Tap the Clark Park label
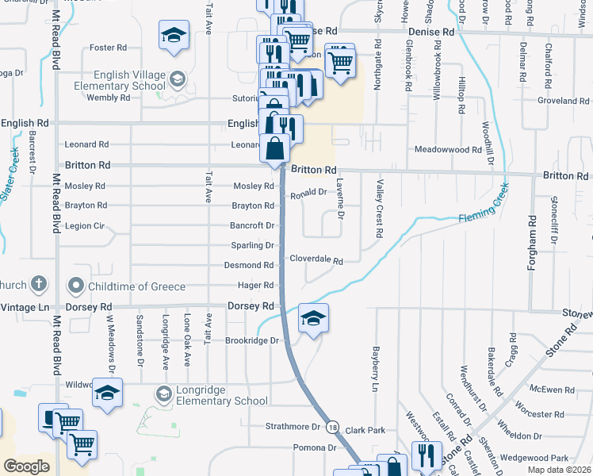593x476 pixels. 365,429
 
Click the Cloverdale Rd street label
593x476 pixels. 316,260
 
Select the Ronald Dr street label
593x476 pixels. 308,194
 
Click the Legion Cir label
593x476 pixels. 90,226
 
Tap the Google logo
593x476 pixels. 26,466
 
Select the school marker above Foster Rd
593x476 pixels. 174,35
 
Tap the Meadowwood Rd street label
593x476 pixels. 448,149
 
